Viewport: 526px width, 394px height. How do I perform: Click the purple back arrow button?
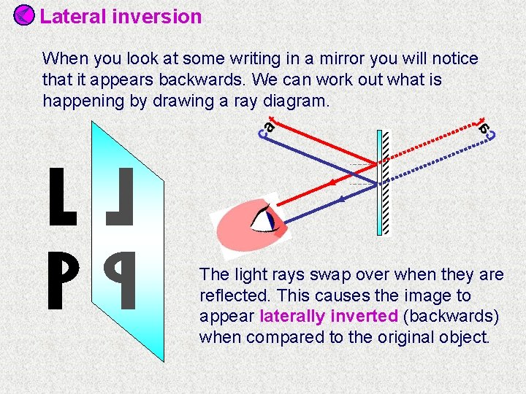(24, 15)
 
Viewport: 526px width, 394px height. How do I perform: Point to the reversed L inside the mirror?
(121, 196)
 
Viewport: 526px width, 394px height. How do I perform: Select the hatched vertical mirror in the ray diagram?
(382, 182)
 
